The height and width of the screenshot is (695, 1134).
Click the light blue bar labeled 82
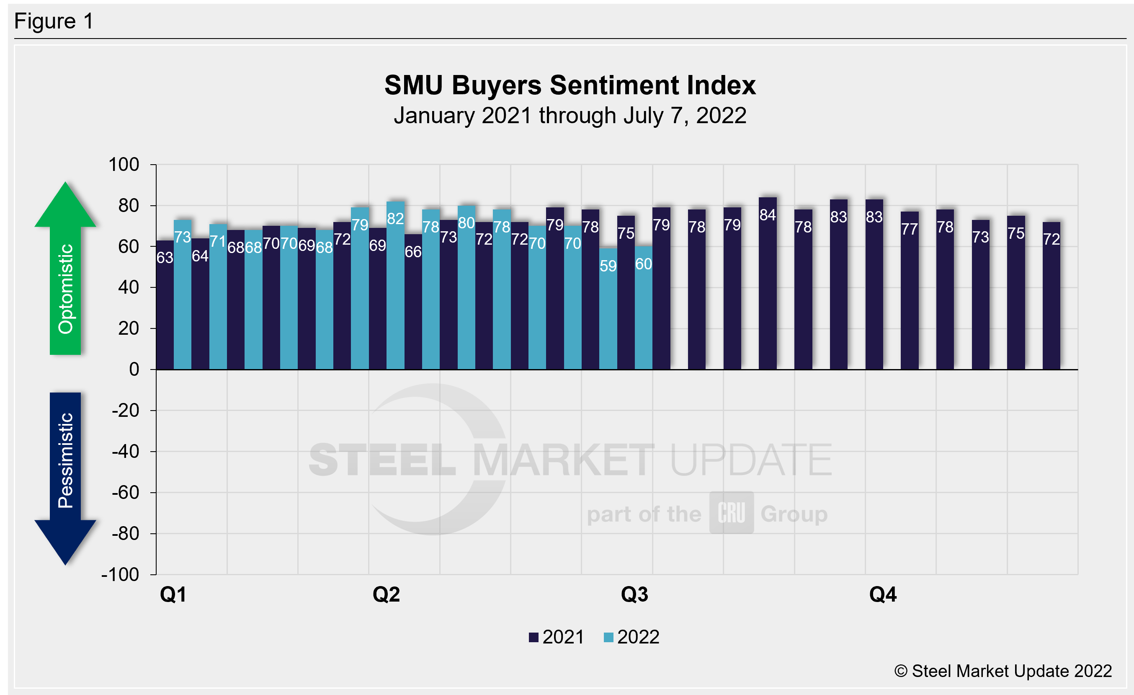(395, 285)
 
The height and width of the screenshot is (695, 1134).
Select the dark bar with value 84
(768, 283)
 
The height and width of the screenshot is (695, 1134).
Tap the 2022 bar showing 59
(608, 308)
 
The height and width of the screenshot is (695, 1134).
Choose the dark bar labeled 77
(910, 290)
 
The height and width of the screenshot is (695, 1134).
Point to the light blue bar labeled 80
(466, 287)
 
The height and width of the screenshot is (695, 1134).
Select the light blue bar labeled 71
(218, 297)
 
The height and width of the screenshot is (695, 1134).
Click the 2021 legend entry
(557, 637)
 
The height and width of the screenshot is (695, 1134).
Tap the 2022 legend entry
(631, 637)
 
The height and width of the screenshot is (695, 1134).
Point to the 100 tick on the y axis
(124, 165)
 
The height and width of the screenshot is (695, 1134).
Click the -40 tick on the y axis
(125, 452)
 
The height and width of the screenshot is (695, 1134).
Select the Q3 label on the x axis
(634, 594)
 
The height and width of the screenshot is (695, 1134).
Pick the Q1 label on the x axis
(173, 594)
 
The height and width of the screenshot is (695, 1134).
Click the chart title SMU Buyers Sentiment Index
(570, 85)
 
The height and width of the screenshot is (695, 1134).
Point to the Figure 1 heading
(54, 21)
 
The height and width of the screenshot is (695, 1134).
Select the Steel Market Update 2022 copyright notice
(1003, 671)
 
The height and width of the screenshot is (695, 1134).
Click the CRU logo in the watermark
(731, 513)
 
